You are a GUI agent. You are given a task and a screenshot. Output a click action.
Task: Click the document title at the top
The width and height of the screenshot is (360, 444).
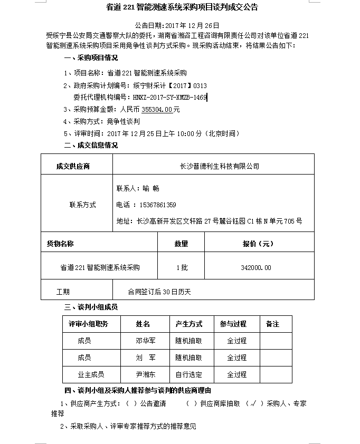click(179, 7)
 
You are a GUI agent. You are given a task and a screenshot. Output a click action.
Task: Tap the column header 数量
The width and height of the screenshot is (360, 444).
click(181, 244)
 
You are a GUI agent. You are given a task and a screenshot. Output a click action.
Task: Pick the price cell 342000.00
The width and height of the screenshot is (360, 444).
click(255, 268)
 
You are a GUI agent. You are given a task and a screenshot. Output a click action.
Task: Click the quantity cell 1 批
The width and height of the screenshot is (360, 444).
click(181, 268)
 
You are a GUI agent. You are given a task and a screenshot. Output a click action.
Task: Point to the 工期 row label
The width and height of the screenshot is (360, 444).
click(63, 291)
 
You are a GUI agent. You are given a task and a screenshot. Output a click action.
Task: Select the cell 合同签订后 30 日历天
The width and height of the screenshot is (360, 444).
click(159, 291)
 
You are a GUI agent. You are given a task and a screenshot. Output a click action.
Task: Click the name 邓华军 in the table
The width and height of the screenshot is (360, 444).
click(145, 341)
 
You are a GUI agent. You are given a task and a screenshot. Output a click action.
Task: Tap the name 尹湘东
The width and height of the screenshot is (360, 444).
click(145, 374)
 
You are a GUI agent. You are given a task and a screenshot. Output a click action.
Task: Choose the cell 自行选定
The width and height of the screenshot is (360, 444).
click(188, 374)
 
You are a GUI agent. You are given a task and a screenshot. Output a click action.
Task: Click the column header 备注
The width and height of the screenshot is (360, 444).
click(272, 324)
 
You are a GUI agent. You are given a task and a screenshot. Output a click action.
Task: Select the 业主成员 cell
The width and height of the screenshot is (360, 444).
click(91, 374)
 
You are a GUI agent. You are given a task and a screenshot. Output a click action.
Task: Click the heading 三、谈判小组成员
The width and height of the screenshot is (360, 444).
click(91, 307)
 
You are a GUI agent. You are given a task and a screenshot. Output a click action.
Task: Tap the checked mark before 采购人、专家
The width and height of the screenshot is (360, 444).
click(254, 404)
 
